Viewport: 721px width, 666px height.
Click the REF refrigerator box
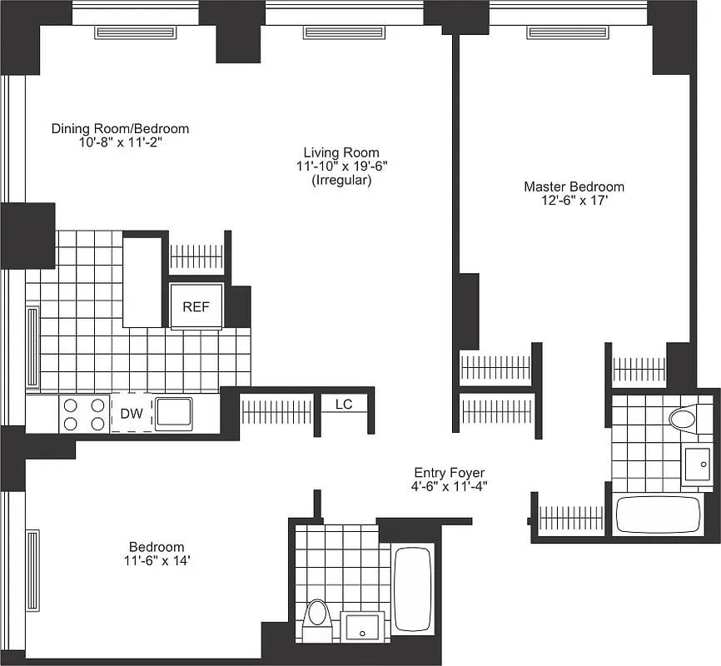196,306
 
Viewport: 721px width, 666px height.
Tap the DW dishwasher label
132,414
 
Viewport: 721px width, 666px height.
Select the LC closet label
344,404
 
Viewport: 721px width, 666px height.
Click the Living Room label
341,152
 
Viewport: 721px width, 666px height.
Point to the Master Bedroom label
574,186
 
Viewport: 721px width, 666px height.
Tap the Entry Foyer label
449,472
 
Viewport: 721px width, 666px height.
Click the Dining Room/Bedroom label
120,129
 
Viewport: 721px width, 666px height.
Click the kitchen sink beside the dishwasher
174,413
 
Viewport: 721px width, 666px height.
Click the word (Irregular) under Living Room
341,180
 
